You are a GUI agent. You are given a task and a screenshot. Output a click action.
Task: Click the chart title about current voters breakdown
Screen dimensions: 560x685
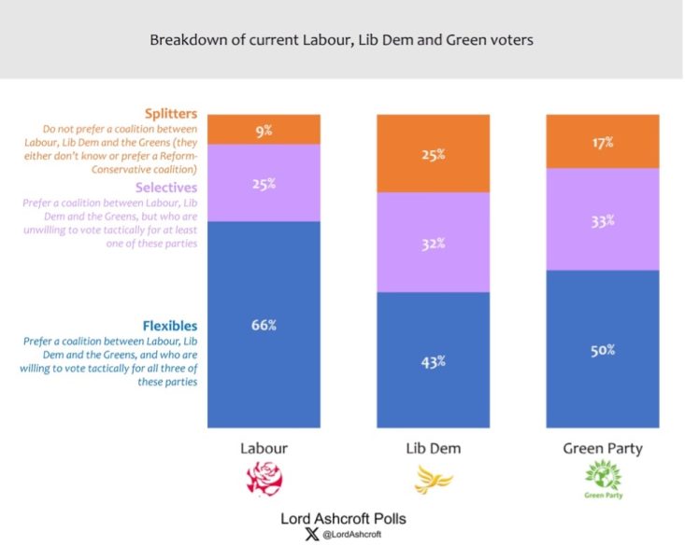(x=342, y=40)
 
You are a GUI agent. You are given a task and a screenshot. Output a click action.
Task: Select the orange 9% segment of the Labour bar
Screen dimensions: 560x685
(x=264, y=130)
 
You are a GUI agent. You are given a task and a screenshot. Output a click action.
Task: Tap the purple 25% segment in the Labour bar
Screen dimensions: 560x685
(x=264, y=183)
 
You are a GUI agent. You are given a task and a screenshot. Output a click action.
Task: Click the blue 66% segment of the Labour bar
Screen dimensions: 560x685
(x=264, y=324)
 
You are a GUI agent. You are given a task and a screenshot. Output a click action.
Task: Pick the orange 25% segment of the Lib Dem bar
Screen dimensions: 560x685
(x=433, y=154)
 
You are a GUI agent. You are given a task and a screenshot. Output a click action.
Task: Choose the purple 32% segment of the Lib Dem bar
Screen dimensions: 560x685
(x=433, y=242)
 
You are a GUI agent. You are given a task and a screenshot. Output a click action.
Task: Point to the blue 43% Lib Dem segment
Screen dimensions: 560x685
(x=433, y=359)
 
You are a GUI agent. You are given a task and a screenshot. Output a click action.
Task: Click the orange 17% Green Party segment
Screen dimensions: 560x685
(x=602, y=142)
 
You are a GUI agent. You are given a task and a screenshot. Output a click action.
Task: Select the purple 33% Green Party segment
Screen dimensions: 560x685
(x=602, y=220)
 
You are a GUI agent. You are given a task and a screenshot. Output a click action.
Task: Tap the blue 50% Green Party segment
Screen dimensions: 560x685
(x=602, y=349)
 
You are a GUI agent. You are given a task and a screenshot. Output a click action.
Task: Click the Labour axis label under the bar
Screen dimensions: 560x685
(x=264, y=448)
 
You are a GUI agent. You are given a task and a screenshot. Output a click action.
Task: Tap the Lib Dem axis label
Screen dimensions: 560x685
(x=433, y=448)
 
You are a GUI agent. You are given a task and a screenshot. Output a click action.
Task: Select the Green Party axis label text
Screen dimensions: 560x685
(x=602, y=448)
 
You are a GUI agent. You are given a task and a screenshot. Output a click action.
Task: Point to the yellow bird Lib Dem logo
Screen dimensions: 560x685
(x=434, y=482)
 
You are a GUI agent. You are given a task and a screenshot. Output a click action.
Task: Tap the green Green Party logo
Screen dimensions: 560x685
(x=603, y=481)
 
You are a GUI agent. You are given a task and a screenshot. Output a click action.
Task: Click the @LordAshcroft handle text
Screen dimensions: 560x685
(x=350, y=535)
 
